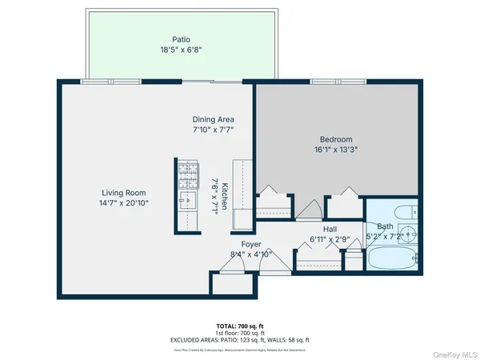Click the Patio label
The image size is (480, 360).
[182, 38]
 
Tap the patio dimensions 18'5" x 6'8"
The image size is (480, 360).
[182, 49]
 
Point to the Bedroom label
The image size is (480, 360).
[336, 138]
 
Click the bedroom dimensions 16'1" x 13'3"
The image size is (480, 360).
[336, 148]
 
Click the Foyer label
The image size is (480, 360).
[251, 244]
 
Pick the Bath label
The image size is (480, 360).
[386, 226]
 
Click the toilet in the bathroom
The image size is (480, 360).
[404, 212]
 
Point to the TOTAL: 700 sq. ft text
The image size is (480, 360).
[240, 326]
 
